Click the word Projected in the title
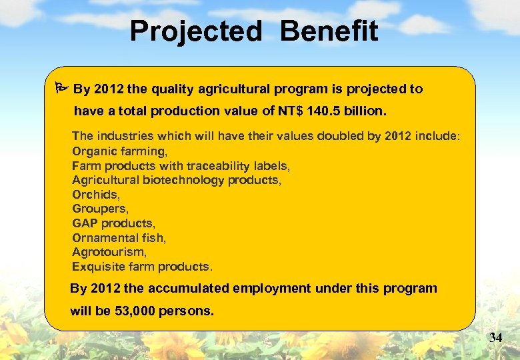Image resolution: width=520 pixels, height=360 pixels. click(x=196, y=31)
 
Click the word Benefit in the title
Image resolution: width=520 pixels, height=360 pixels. click(x=329, y=31)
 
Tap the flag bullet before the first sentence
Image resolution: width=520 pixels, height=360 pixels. click(x=60, y=89)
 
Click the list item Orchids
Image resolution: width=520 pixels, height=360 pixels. click(x=96, y=195)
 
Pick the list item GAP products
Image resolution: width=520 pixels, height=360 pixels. click(x=113, y=223)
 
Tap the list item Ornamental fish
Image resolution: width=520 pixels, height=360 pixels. click(x=119, y=237)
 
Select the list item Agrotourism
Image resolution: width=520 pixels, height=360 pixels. click(x=109, y=252)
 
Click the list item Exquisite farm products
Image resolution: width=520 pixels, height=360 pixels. click(x=142, y=267)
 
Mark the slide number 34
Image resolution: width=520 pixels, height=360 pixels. click(x=495, y=338)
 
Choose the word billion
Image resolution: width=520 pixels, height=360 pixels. click(x=366, y=110)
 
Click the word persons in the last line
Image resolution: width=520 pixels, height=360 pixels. click(x=187, y=311)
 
